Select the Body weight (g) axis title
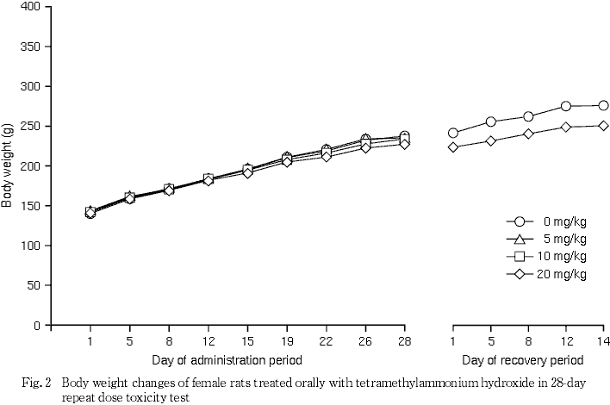(x=8, y=165)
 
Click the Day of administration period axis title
(x=227, y=358)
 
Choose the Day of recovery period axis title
(x=522, y=358)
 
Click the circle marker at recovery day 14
(x=603, y=105)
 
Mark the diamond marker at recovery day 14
(x=603, y=125)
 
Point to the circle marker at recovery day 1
(x=453, y=133)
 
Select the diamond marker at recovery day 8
(x=528, y=134)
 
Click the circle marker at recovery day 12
(x=566, y=106)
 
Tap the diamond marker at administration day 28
(x=404, y=144)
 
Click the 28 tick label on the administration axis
(x=404, y=340)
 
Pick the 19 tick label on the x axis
(x=287, y=340)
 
